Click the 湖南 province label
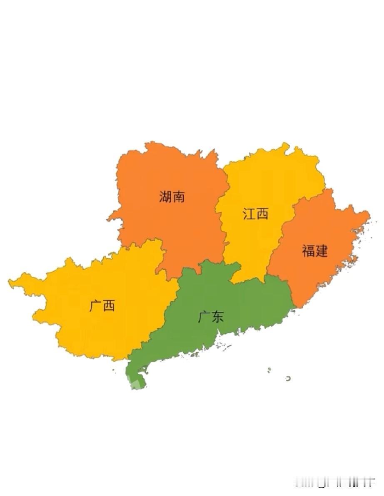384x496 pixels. (172, 196)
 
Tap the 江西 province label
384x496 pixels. (255, 214)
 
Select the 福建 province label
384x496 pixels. (315, 251)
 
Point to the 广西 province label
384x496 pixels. (102, 306)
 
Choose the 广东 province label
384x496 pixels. (211, 317)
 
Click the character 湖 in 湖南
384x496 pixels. (165, 196)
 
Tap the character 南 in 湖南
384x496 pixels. (178, 196)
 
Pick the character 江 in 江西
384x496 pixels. (249, 214)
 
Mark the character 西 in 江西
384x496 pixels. (262, 214)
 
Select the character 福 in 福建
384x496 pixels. (309, 251)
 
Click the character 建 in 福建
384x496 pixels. (322, 251)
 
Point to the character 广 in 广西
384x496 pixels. (95, 306)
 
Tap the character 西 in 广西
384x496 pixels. (109, 306)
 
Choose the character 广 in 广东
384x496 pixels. (204, 317)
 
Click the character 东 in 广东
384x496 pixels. (217, 317)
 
